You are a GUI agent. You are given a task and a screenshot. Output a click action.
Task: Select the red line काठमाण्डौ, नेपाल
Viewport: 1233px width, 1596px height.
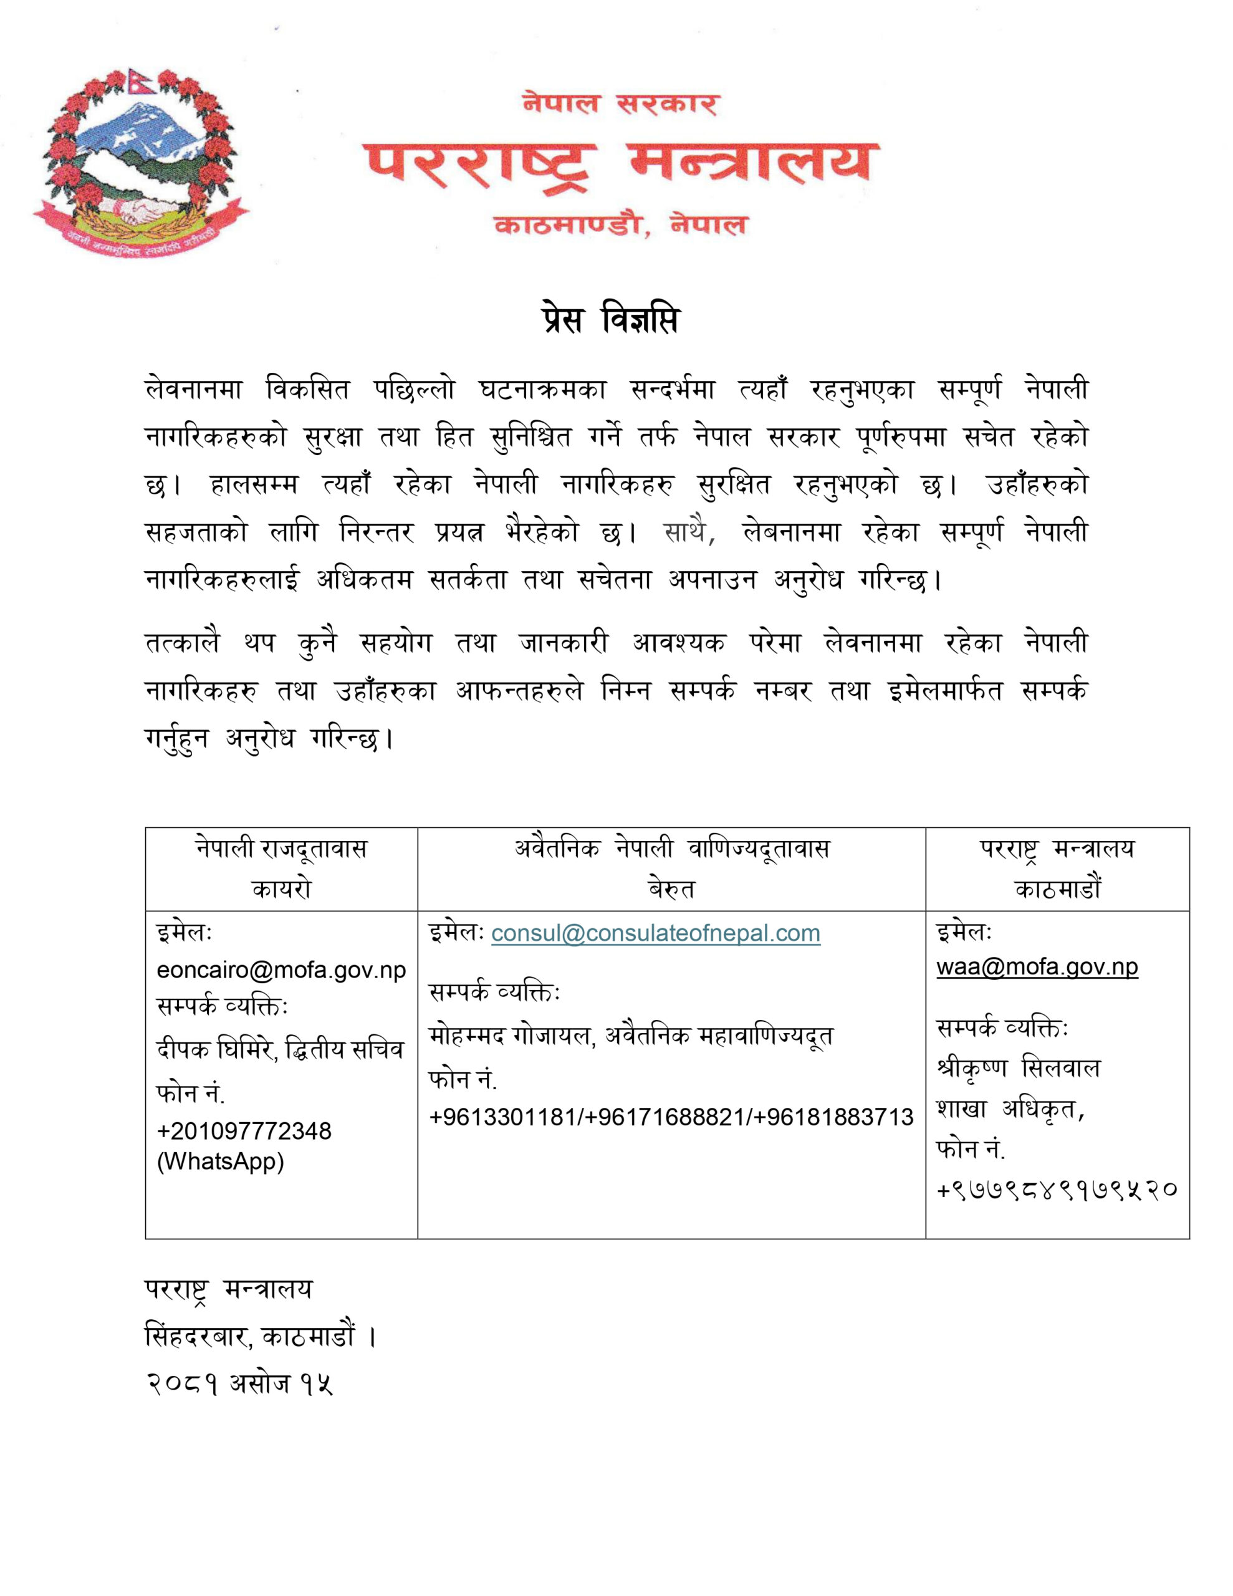(620, 224)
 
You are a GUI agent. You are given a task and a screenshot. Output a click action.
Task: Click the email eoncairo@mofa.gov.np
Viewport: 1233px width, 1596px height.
(281, 969)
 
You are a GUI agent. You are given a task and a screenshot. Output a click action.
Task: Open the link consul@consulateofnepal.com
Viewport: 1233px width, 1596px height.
(656, 933)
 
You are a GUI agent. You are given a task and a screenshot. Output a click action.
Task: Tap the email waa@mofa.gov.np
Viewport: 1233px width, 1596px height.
(1037, 966)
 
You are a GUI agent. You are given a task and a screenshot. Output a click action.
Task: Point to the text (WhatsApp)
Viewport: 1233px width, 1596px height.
(220, 1161)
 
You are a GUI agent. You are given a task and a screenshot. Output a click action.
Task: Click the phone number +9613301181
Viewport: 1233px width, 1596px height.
(504, 1117)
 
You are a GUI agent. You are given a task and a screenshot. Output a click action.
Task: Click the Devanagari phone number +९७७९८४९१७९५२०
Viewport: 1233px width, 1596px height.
(1056, 1189)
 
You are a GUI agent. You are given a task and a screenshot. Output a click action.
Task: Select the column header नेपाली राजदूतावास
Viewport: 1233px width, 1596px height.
(281, 849)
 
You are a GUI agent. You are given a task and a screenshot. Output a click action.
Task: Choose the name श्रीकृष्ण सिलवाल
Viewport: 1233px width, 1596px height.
(1018, 1069)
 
